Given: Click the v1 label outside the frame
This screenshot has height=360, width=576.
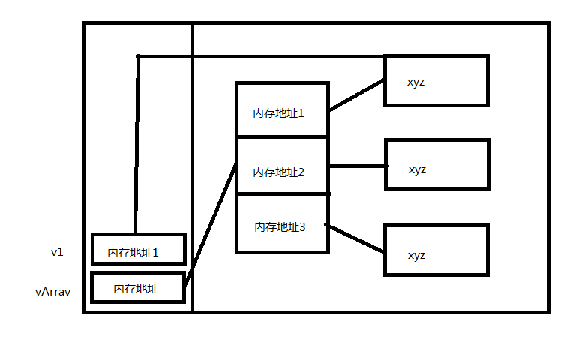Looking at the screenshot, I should coord(57,252).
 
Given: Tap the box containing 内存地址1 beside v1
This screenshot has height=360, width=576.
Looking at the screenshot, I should coord(138,249).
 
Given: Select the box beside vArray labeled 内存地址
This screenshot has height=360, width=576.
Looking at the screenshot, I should coord(138,287).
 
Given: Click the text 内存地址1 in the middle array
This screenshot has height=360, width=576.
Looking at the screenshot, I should coord(278,113).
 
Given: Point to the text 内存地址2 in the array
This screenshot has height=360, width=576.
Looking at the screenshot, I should coord(278,172).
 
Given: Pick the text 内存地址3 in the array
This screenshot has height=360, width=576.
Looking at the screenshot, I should coord(280,226).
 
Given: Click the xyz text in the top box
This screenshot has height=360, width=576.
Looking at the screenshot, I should coord(415,81).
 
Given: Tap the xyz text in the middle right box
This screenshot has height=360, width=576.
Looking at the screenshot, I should coord(417,169).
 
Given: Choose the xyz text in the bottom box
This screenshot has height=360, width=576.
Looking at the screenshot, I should coord(416,255).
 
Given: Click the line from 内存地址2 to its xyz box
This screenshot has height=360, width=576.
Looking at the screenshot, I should coord(357,166).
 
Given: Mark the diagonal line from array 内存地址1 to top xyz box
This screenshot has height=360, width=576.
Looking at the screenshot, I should coord(357,95).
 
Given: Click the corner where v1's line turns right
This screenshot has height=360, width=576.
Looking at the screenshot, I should coord(139,56).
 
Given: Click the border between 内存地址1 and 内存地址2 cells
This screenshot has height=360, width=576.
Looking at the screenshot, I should coord(282,137).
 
